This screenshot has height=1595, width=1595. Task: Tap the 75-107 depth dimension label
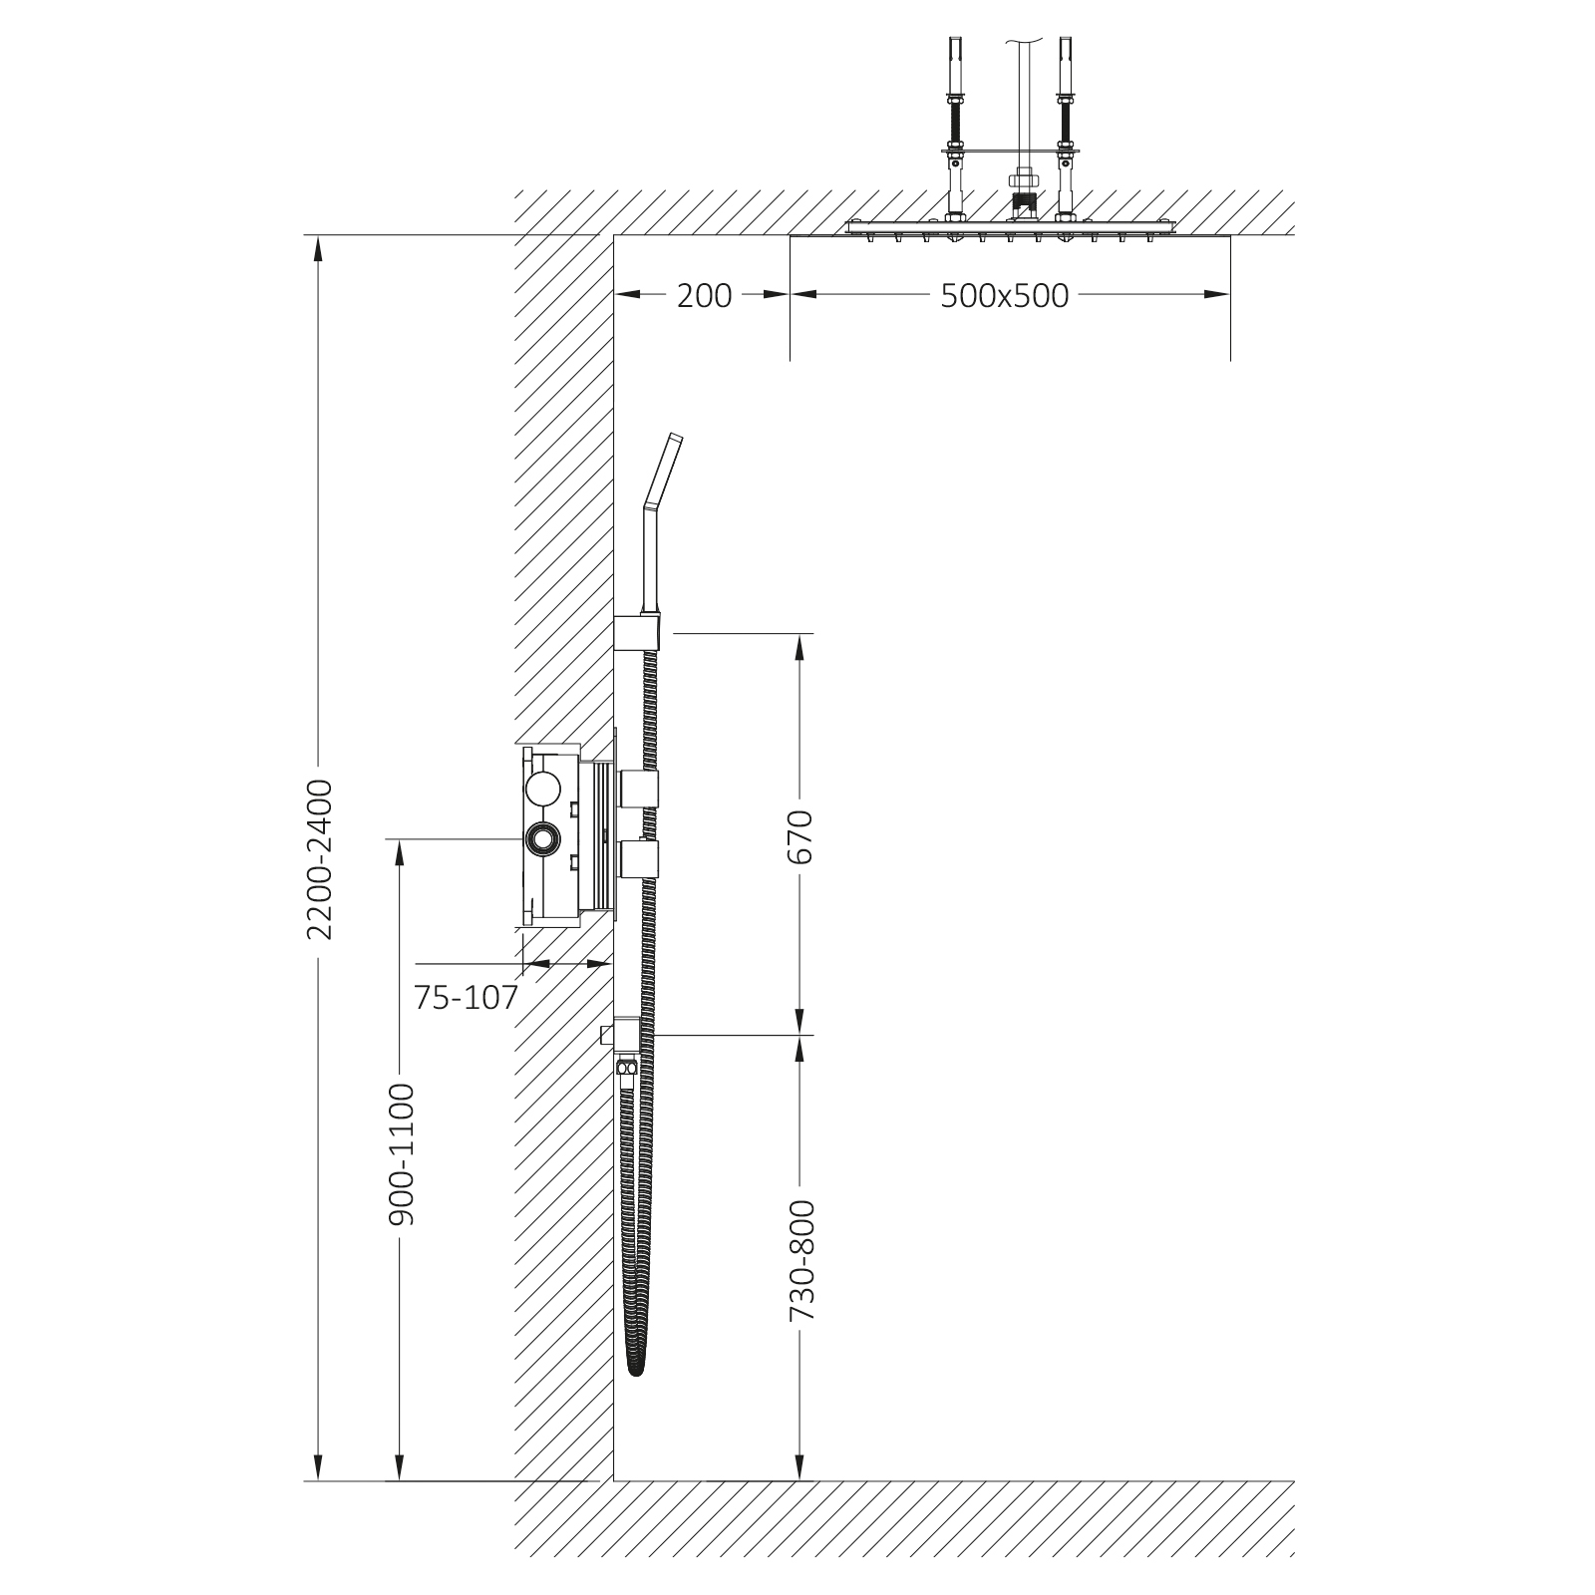(467, 997)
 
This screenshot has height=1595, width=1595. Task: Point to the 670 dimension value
(799, 835)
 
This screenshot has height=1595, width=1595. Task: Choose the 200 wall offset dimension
(704, 295)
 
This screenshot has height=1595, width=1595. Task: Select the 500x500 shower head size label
(1004, 295)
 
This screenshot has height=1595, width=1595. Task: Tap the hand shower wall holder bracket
(637, 632)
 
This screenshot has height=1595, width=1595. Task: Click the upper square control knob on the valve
(638, 788)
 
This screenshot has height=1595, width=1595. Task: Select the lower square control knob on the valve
(638, 858)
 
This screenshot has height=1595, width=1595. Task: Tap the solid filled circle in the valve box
(543, 789)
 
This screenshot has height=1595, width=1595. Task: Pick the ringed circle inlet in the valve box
(543, 839)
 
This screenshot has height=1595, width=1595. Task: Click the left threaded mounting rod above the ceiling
(955, 130)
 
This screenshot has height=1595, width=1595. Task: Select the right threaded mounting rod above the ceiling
(1064, 130)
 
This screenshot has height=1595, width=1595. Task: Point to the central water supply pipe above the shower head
(1019, 110)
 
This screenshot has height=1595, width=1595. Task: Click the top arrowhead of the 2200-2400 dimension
(319, 245)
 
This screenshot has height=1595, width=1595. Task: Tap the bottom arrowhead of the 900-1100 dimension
(400, 1469)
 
